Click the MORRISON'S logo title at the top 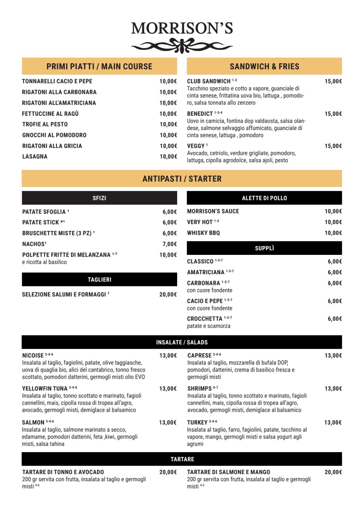(182, 28)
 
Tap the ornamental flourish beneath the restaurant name (182, 46)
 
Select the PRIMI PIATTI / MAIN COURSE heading (99, 66)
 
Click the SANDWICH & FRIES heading (264, 66)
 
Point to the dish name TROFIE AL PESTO (45, 124)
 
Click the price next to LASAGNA (168, 157)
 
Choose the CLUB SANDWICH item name (209, 81)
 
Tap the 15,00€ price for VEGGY (333, 146)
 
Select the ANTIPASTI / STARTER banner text (182, 179)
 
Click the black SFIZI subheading (99, 198)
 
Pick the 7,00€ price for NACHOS (170, 244)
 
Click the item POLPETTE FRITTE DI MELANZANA (66, 255)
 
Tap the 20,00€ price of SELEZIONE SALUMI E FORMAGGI (168, 295)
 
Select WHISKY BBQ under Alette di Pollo (203, 233)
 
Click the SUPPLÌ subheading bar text (264, 248)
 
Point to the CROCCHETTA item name (205, 319)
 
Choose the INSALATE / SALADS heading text (182, 342)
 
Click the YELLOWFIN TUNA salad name (45, 388)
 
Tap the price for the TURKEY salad (333, 422)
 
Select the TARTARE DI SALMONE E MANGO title (228, 472)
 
